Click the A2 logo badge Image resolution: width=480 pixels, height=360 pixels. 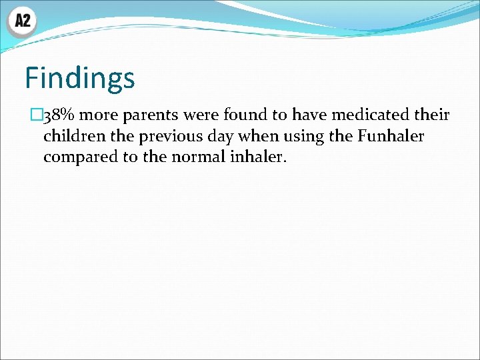22,21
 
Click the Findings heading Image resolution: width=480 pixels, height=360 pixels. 80,78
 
